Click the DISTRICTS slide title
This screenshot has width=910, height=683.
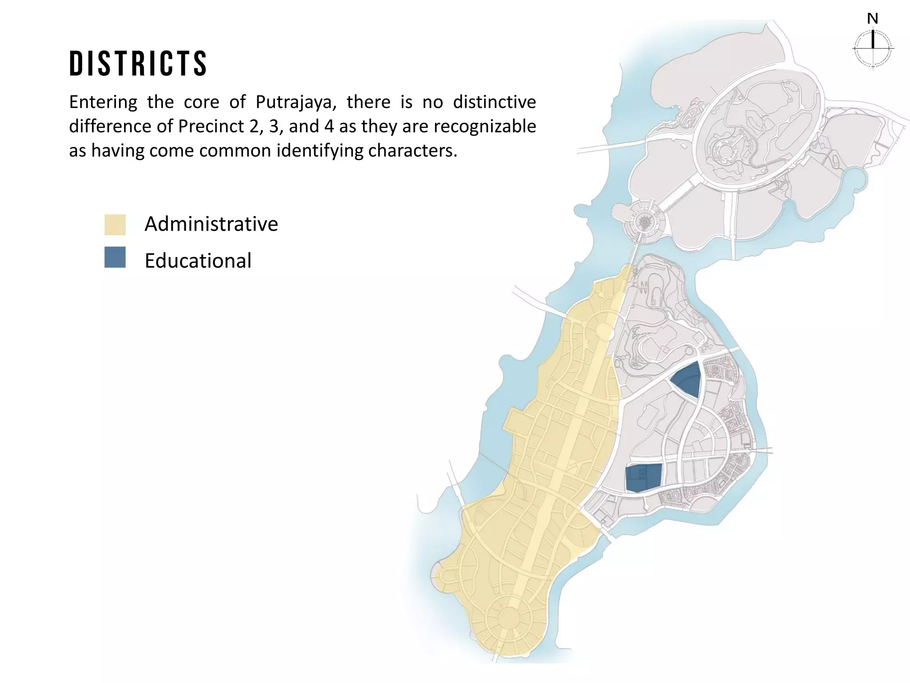138,63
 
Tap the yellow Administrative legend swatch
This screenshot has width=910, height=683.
115,225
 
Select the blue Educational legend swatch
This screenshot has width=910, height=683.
115,257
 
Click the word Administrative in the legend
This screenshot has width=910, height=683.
211,224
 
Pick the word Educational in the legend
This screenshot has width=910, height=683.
198,261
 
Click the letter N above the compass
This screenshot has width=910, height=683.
873,19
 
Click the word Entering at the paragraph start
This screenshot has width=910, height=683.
103,102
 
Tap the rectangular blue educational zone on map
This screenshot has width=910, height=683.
643,478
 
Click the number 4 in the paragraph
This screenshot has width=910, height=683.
328,126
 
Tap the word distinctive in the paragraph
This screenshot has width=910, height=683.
494,102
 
